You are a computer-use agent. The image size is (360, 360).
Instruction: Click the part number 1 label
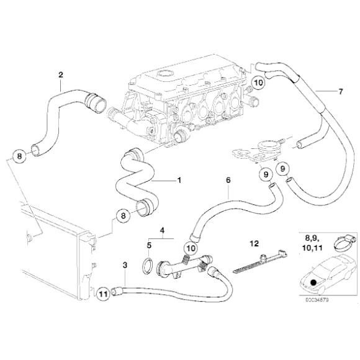179,181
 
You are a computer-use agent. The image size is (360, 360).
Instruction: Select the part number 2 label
61,75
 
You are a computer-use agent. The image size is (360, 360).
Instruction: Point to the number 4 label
162,230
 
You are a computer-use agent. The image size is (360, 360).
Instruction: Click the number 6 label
228,179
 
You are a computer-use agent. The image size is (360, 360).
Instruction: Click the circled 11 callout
103,290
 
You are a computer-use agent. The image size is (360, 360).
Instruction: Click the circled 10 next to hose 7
259,82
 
